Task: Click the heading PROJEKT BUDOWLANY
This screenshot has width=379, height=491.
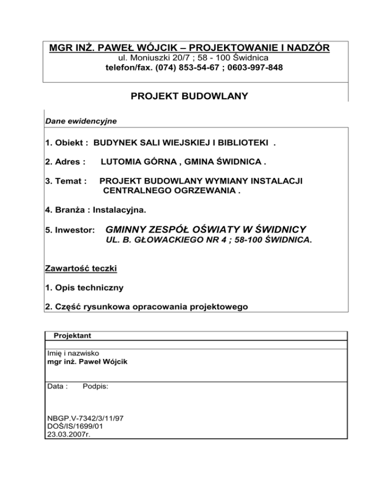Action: click(189, 97)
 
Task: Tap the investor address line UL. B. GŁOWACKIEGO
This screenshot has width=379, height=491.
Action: click(209, 242)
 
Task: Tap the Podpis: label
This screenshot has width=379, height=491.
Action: click(95, 388)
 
